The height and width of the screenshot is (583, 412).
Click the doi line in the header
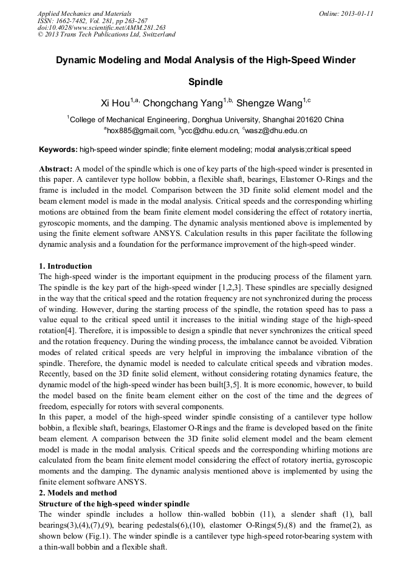[x=101, y=27]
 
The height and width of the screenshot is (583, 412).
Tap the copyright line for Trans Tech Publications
[x=106, y=35]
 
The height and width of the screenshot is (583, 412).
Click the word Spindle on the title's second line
[x=205, y=81]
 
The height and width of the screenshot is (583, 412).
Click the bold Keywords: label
[x=58, y=150]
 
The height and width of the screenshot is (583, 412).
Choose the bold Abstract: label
[x=56, y=168]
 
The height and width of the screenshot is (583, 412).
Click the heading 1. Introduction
[x=66, y=266]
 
